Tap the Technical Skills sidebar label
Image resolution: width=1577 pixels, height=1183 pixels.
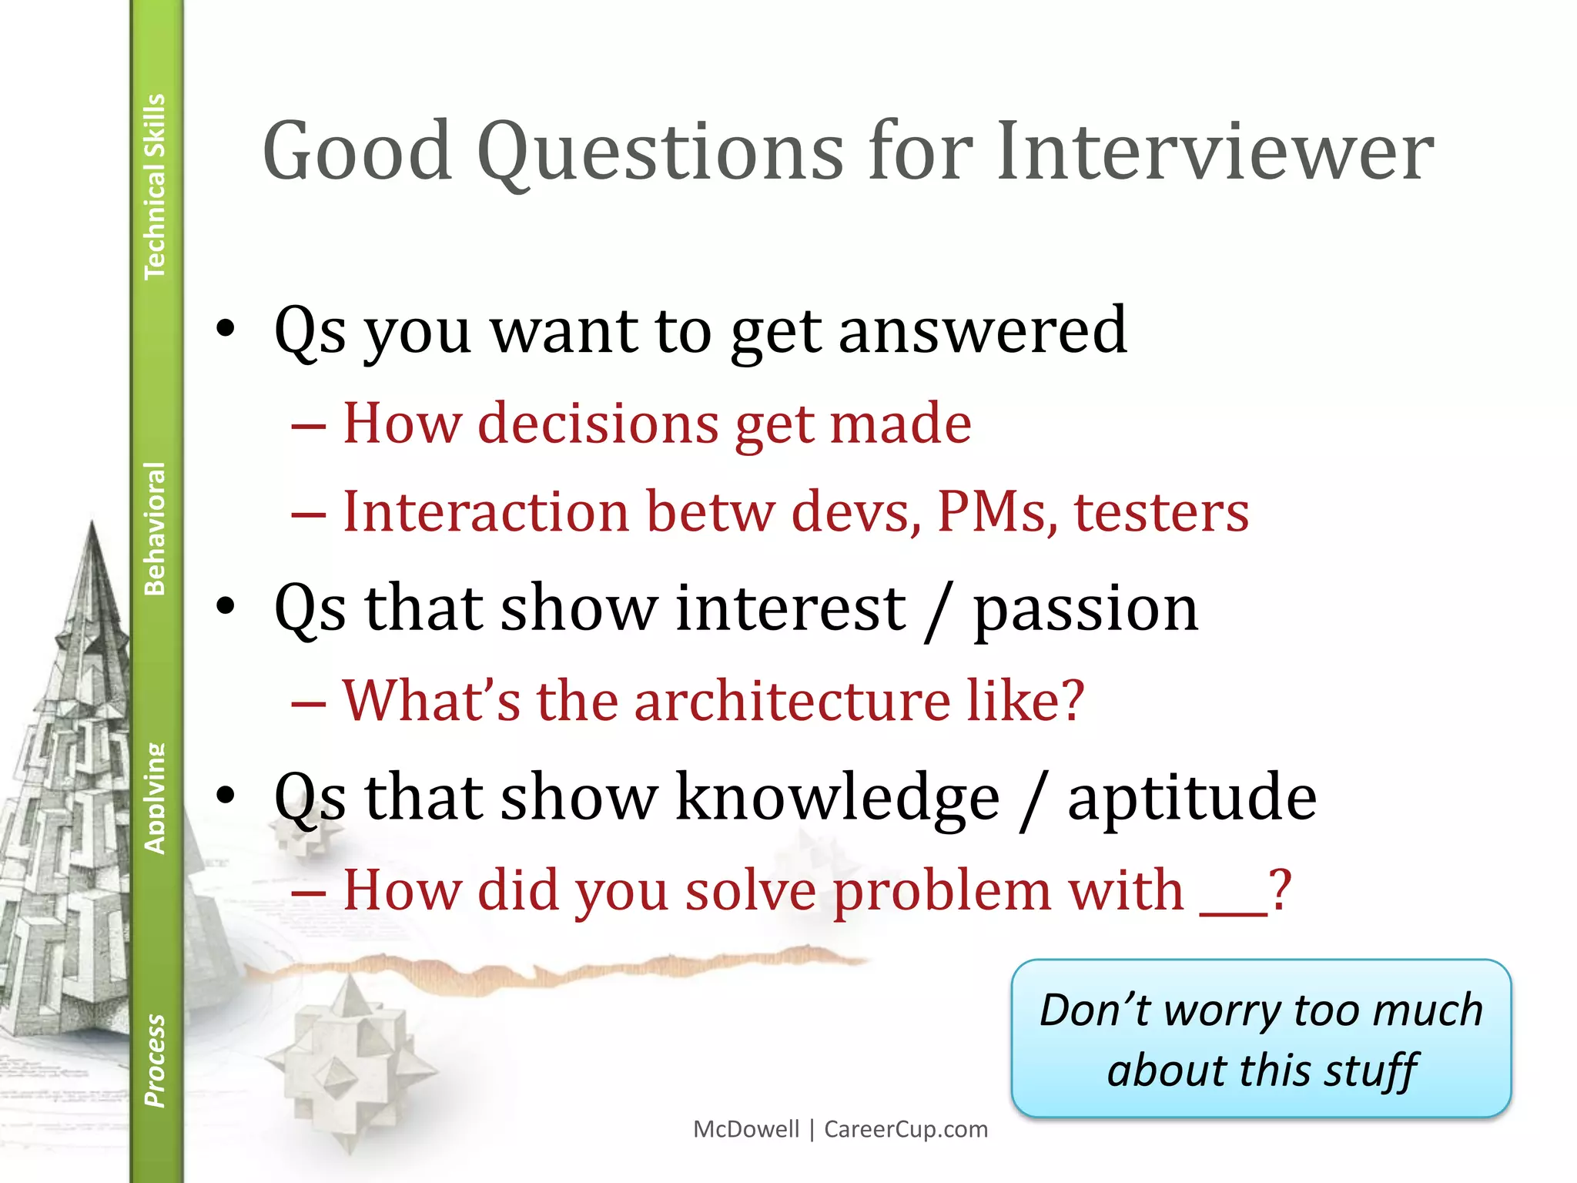pos(155,186)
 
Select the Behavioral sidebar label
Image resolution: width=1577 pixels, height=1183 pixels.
pos(155,528)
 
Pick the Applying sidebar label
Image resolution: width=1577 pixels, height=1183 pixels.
pos(155,798)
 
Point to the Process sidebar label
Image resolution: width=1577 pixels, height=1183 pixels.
pos(155,1061)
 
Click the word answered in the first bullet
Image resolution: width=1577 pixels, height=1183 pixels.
pos(983,331)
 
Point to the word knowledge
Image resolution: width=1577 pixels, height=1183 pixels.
pos(838,798)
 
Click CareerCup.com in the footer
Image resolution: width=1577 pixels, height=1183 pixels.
pos(906,1129)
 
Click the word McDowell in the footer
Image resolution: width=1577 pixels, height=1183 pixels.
pos(746,1129)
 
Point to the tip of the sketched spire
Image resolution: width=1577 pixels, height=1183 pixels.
pos(92,524)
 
